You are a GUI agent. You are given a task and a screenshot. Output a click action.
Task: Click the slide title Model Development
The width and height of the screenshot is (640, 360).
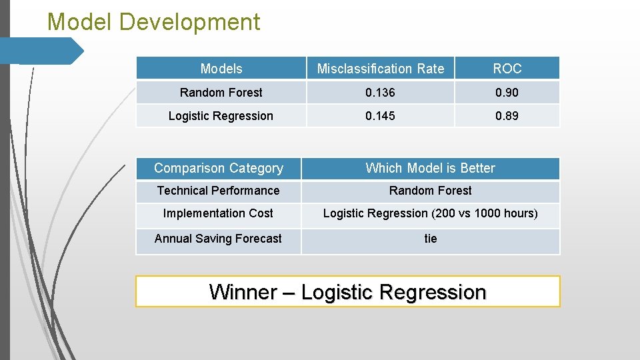pos(153,23)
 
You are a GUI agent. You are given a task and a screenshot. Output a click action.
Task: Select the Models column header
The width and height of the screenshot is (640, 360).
pos(221,69)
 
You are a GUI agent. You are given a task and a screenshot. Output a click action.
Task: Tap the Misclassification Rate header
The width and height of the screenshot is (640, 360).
pos(380,69)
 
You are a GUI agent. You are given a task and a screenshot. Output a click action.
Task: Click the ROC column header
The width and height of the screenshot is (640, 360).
pos(507,69)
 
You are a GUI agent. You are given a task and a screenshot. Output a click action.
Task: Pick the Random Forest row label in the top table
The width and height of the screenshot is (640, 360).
pos(221,93)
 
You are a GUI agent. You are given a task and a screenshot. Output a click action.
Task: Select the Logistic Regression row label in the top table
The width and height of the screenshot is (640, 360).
pos(221,116)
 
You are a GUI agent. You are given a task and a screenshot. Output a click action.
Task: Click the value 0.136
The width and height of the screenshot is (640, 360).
pos(380,93)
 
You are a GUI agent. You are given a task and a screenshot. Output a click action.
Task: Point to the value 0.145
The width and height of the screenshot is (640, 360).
pos(380,116)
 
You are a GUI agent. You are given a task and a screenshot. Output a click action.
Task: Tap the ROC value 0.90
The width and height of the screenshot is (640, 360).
pos(507,93)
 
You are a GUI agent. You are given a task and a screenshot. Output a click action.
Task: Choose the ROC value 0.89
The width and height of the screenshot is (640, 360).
pos(507,116)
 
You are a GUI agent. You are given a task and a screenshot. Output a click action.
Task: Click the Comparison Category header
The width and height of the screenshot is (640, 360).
pos(219,169)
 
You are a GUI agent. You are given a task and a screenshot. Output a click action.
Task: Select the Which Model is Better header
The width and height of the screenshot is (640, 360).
pos(430,169)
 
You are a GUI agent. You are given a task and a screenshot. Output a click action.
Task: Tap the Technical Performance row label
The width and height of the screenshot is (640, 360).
pos(218,191)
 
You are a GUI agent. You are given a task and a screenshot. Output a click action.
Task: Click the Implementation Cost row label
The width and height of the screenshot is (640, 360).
pos(218,213)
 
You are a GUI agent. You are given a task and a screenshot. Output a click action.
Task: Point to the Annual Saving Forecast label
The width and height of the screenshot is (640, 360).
pos(218,239)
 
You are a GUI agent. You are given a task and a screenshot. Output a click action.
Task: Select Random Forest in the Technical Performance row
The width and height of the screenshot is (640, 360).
pos(430,191)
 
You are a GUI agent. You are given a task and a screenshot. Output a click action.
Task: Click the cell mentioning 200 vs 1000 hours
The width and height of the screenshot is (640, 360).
pos(430,213)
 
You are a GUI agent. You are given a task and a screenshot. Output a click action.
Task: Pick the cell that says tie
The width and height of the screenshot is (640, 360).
pos(431,239)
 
